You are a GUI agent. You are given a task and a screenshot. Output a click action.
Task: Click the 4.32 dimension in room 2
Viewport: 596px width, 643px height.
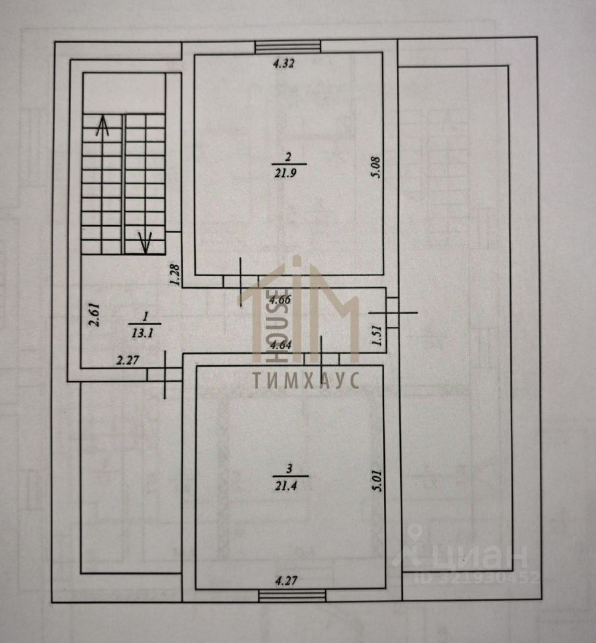pyautogui.click(x=284, y=64)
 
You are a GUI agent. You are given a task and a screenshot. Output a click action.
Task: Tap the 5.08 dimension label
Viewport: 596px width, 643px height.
pyautogui.click(x=375, y=167)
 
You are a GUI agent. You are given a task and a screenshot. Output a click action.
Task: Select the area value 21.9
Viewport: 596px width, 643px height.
pyautogui.click(x=286, y=173)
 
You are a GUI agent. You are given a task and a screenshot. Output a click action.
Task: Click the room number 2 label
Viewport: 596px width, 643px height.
pyautogui.click(x=288, y=156)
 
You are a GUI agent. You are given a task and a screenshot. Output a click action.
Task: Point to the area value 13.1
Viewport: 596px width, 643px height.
pyautogui.click(x=142, y=334)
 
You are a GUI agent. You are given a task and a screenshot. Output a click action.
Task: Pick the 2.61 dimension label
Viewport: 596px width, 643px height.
pyautogui.click(x=95, y=315)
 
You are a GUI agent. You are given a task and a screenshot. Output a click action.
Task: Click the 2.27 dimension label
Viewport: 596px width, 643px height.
pyautogui.click(x=127, y=361)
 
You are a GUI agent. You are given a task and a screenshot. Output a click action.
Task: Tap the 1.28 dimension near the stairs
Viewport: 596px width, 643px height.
pyautogui.click(x=175, y=275)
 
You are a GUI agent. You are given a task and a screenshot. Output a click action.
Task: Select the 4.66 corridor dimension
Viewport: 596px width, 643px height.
pyautogui.click(x=280, y=300)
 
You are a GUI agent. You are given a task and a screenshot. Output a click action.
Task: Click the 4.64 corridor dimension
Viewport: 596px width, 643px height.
pyautogui.click(x=280, y=345)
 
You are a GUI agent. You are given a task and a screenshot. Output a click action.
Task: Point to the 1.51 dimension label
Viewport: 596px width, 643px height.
pyautogui.click(x=377, y=336)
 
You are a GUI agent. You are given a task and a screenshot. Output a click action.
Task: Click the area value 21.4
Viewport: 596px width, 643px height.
pyautogui.click(x=286, y=486)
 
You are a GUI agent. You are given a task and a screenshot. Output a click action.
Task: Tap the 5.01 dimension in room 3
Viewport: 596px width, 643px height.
pyautogui.click(x=377, y=481)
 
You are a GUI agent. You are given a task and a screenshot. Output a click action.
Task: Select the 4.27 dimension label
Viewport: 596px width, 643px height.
pyautogui.click(x=286, y=581)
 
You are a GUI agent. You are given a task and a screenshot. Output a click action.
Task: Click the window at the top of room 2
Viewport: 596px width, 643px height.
pyautogui.click(x=288, y=47)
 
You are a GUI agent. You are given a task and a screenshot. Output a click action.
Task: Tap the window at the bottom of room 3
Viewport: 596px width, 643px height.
pyautogui.click(x=292, y=595)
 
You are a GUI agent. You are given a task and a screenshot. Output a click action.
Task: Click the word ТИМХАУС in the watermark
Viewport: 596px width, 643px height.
pyautogui.click(x=306, y=380)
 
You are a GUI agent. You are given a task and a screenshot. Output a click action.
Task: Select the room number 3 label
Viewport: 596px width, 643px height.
pyautogui.click(x=290, y=469)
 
